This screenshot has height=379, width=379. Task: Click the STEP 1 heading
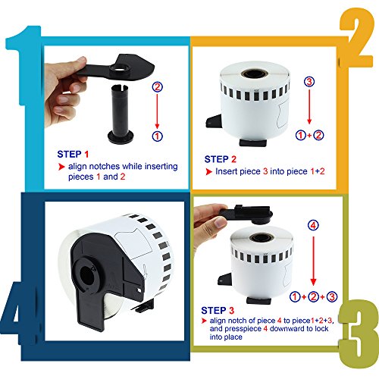click(73, 154)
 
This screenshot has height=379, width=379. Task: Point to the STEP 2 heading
click(221, 159)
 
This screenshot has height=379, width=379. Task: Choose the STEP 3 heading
click(218, 311)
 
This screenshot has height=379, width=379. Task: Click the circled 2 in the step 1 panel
click(157, 87)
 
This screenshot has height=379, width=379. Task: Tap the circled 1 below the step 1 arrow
click(157, 136)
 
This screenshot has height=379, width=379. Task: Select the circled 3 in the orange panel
click(309, 82)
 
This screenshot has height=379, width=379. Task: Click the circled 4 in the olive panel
click(313, 225)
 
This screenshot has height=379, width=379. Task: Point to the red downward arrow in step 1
click(157, 111)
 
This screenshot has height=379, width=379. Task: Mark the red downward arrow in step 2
click(309, 106)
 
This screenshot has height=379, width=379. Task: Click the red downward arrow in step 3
click(313, 261)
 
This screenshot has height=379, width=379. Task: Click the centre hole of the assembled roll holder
click(87, 275)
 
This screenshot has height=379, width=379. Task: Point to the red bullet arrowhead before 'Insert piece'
click(208, 171)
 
